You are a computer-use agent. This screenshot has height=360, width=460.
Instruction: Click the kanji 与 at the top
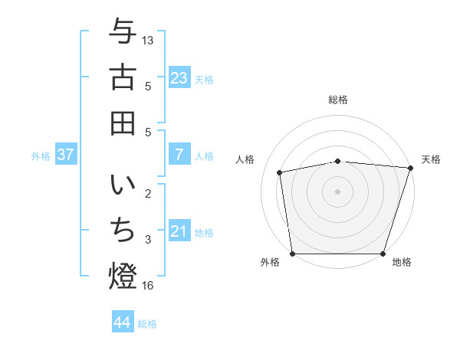[x=123, y=31]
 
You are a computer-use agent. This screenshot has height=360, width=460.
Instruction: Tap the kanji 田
[x=123, y=123]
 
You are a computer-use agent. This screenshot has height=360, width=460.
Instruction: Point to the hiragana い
[x=123, y=186]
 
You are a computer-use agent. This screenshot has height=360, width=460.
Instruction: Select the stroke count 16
[x=148, y=286]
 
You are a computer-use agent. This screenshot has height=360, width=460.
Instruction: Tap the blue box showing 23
[x=179, y=78]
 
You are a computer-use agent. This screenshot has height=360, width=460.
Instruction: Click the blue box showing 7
[x=179, y=155]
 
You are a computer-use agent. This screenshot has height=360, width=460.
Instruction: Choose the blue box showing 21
[x=179, y=231]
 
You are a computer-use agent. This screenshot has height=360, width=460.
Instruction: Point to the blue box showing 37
[x=65, y=155]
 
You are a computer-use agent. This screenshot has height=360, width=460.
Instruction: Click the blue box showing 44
[x=122, y=322]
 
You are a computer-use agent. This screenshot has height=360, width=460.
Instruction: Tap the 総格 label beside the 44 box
[x=147, y=324]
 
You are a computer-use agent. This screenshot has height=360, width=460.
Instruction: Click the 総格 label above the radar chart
[x=338, y=100]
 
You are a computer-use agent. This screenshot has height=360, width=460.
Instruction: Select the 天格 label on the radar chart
[x=431, y=159]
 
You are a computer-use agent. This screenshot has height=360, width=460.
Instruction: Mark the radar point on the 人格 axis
[x=281, y=172]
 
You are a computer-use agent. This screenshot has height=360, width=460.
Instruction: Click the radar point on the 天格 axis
[x=410, y=168]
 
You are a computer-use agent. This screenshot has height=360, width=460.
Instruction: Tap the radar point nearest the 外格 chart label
[x=293, y=253]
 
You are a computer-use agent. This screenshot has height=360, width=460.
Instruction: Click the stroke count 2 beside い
[x=148, y=194]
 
